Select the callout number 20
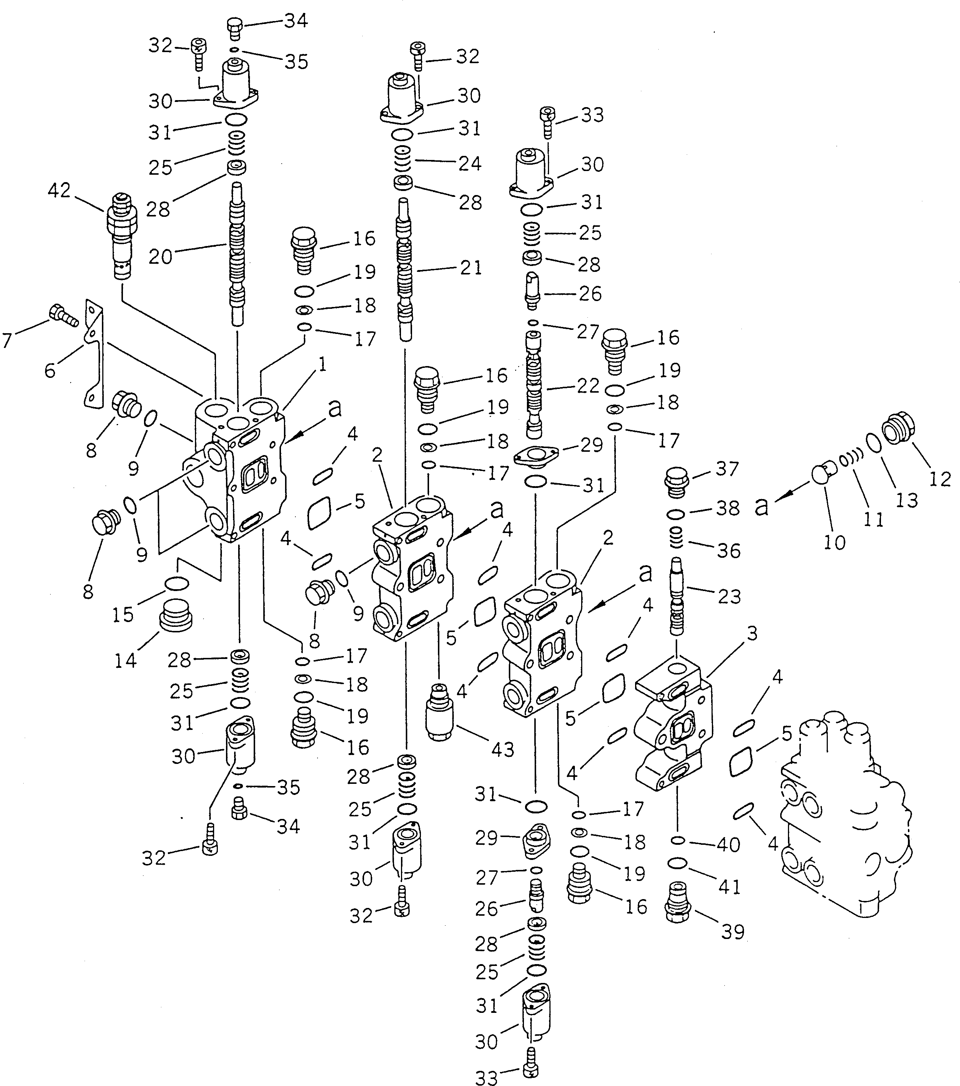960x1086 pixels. point(160,257)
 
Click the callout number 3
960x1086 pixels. point(752,633)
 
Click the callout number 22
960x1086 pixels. point(588,386)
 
